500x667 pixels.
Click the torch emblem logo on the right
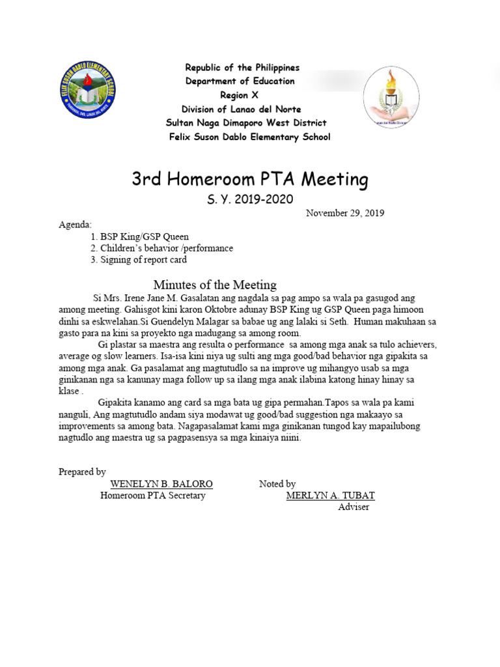(391, 98)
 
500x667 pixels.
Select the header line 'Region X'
(240, 95)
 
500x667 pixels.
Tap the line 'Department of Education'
(240, 81)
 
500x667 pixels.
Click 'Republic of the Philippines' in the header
(242, 68)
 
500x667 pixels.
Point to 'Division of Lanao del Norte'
(241, 109)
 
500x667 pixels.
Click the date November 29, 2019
(345, 213)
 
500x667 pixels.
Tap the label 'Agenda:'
(76, 225)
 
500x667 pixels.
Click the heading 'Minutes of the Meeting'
(215, 285)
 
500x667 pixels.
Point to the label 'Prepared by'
(82, 472)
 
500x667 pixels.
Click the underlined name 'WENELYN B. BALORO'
(161, 484)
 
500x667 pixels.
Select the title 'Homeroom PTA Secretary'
(152, 496)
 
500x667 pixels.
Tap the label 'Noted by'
(277, 484)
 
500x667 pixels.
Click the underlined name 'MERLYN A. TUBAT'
(330, 496)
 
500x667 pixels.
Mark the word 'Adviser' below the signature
(354, 507)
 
